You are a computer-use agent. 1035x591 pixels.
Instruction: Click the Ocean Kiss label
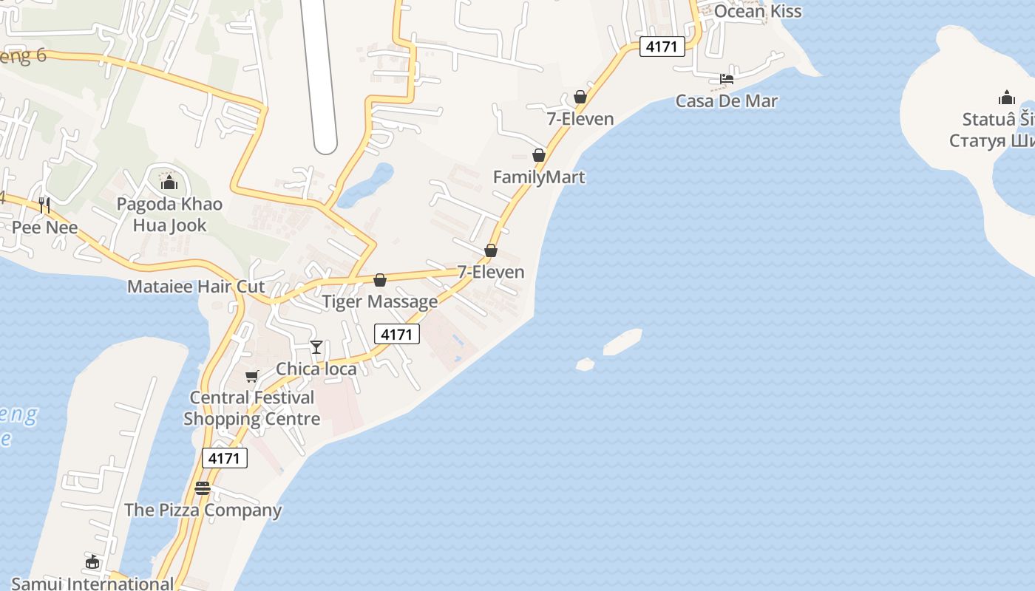(x=757, y=11)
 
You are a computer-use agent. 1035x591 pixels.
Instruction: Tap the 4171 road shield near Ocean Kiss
(x=661, y=47)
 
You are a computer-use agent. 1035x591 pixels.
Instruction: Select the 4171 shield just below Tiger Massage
(x=396, y=334)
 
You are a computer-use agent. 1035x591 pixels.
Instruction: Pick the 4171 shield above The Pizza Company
(x=224, y=458)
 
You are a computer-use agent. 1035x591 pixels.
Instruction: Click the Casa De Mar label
(x=726, y=101)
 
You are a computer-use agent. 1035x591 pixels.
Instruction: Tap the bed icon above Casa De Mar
(x=727, y=79)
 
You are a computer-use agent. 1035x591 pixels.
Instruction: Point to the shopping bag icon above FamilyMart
(x=539, y=155)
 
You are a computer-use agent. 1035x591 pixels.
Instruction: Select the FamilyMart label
(x=539, y=177)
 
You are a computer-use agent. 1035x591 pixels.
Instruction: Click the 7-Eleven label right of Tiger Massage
(x=491, y=272)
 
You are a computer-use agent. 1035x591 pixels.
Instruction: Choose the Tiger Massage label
(x=380, y=301)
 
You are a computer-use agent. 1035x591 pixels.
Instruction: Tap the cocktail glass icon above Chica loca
(x=316, y=347)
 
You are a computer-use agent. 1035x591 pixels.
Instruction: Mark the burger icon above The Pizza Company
(x=203, y=488)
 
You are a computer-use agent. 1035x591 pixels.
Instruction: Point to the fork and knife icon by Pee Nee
(x=44, y=205)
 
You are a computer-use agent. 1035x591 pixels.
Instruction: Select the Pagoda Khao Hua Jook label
(x=169, y=214)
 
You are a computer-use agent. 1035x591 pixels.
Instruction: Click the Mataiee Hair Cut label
(x=196, y=287)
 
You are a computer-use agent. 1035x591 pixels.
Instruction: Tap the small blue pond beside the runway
(x=367, y=185)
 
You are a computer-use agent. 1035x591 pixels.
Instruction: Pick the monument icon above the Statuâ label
(x=1006, y=98)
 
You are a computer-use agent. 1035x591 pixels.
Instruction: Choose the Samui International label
(x=92, y=584)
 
